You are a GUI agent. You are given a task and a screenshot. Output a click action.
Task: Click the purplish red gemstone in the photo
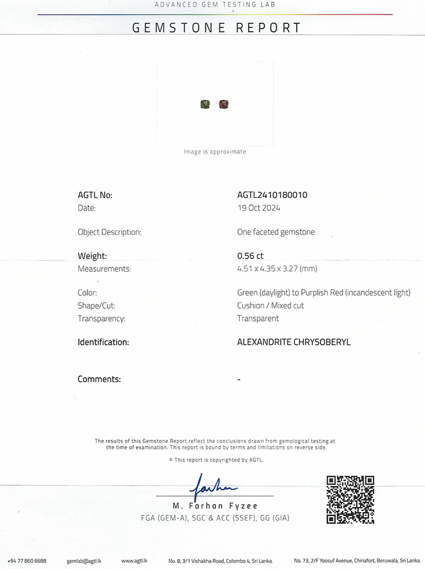224,104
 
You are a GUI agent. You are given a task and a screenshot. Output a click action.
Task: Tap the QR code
350,499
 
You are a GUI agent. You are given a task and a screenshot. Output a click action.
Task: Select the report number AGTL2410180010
272,195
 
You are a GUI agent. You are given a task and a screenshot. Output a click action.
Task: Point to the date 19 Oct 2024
259,208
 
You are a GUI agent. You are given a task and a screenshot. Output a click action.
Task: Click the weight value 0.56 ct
250,256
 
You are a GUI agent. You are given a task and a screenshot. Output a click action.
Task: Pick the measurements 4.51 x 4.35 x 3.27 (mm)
277,269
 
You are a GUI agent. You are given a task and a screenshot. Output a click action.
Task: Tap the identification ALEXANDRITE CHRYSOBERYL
294,343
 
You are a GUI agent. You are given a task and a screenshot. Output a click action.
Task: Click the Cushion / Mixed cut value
270,306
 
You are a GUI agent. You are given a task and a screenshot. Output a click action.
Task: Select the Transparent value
258,319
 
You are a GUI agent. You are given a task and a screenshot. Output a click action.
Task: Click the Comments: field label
99,379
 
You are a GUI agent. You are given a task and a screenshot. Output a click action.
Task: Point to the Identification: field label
103,343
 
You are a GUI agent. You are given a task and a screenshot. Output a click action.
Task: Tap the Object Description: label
110,232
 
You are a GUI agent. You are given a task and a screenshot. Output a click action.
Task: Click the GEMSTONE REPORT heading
216,27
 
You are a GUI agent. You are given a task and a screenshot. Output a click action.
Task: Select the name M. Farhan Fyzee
215,506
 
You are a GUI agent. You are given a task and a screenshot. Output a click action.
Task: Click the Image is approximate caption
215,152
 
